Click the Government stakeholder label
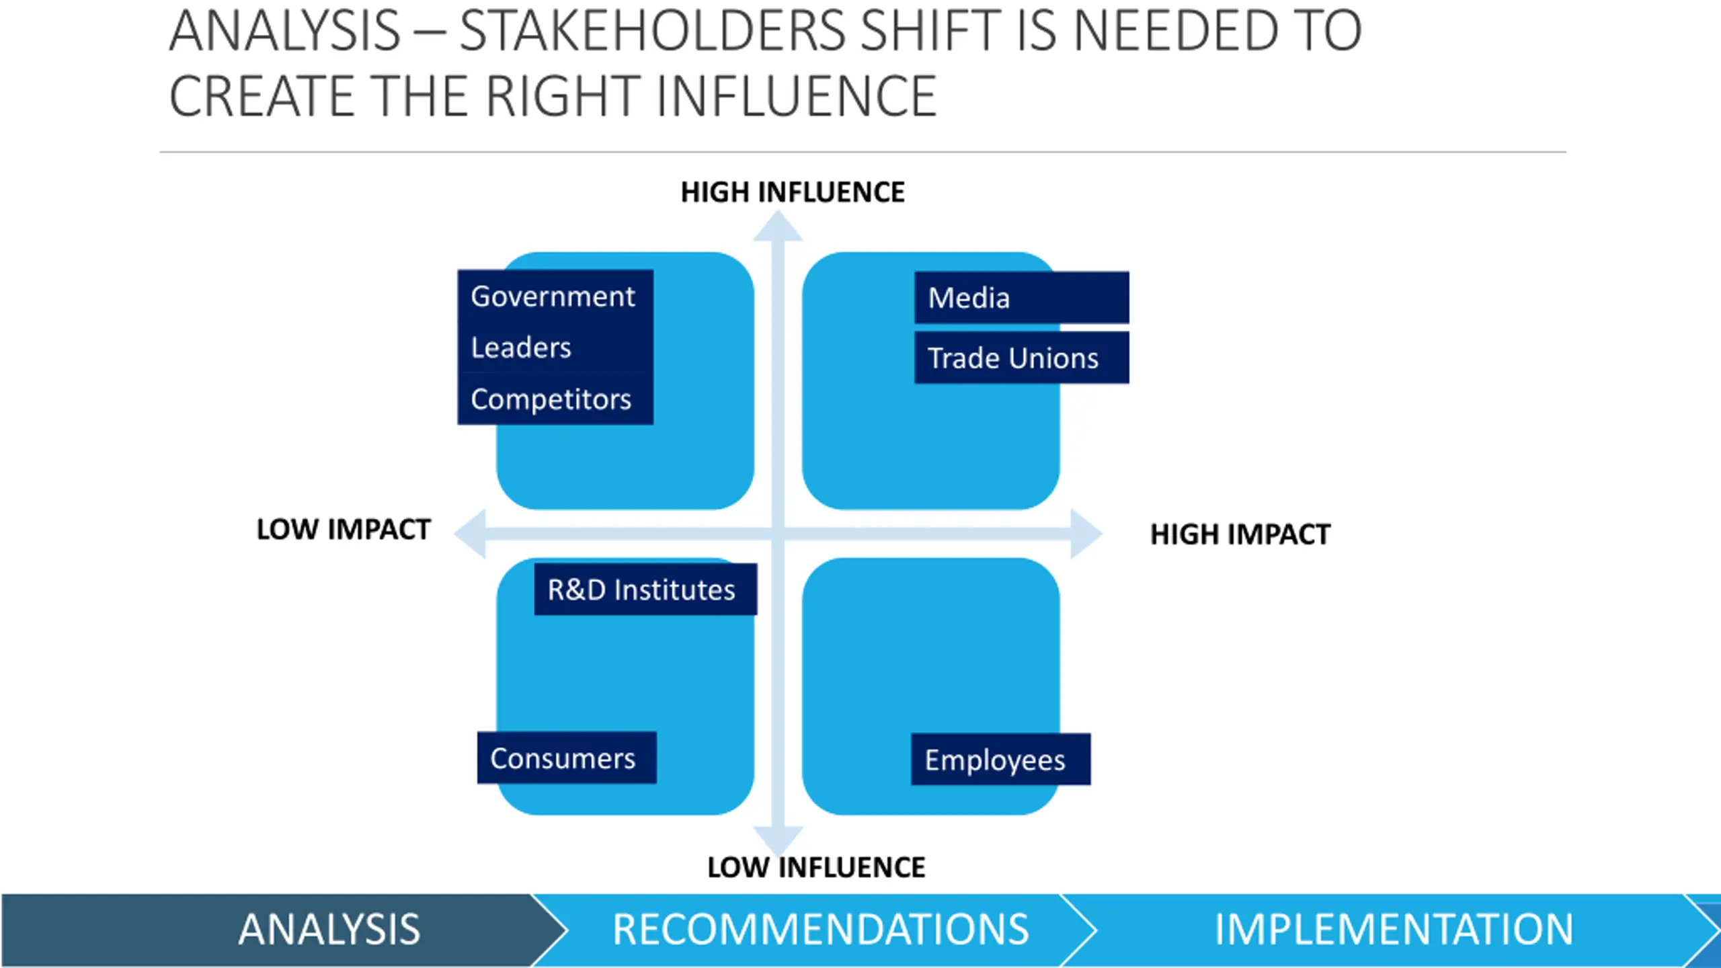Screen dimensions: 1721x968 point(553,296)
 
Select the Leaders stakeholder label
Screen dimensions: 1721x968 point(522,348)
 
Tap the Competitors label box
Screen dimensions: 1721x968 point(552,399)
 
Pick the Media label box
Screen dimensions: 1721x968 point(1020,298)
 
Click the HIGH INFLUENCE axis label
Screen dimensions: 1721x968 point(793,192)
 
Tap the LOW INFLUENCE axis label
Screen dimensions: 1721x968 point(816,867)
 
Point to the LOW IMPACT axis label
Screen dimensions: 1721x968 point(344,530)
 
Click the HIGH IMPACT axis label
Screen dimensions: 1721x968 point(1240,534)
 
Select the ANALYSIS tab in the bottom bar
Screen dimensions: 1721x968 point(329,930)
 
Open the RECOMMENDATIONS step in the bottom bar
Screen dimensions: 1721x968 point(820,930)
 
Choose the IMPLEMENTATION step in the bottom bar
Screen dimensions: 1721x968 point(1393,930)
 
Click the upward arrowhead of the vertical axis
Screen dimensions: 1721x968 point(778,227)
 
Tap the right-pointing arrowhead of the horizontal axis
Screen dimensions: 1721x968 point(1085,534)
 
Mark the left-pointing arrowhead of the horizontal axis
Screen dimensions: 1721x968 point(471,534)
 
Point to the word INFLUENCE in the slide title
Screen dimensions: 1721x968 point(797,96)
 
